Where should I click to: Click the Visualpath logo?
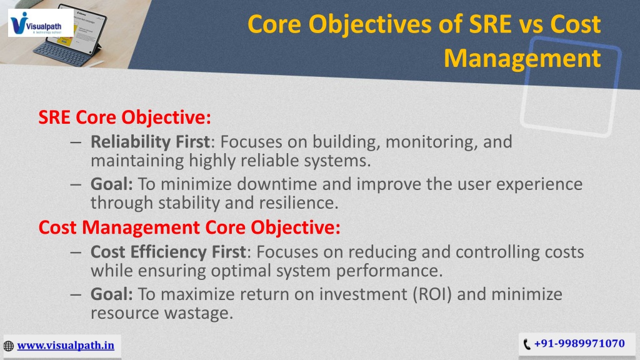41,23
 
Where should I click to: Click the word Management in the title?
522,58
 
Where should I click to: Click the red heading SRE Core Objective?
125,117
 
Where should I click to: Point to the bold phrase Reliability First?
150,142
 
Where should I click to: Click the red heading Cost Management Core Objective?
189,227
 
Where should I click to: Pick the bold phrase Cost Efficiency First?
168,252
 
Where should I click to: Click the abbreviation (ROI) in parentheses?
432,294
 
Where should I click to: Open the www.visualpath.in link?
66,345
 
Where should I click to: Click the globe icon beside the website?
9,346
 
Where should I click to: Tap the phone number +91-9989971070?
579,344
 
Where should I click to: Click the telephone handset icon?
527,344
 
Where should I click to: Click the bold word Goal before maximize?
111,294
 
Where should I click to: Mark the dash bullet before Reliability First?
76,142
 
